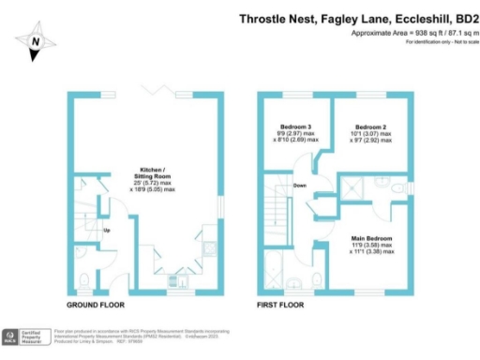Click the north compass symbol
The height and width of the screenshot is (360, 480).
(x=35, y=41)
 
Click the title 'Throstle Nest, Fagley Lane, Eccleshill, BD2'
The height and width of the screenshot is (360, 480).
(x=357, y=18)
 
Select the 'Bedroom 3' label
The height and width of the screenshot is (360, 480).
(x=296, y=127)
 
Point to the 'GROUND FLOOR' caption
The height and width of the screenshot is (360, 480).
(x=97, y=306)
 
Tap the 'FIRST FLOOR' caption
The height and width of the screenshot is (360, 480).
(x=284, y=306)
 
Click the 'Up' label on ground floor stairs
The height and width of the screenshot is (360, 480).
(x=107, y=230)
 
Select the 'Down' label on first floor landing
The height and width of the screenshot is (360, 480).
(x=299, y=186)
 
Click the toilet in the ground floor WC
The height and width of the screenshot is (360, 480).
(x=84, y=278)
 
